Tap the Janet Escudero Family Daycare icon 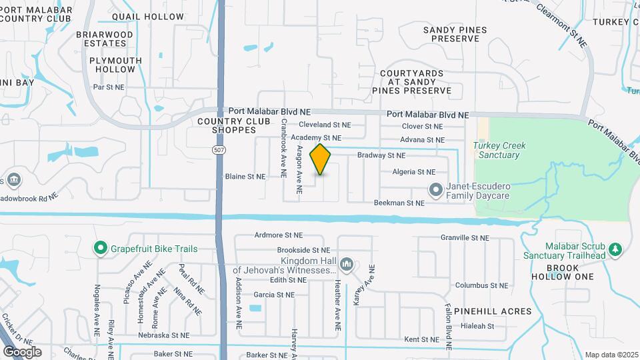point(436,190)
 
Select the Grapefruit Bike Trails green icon point(101,249)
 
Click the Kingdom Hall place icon point(346,265)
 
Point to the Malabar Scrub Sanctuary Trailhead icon point(616,250)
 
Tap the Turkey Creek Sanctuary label point(496,150)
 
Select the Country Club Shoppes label point(227,125)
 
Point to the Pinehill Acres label point(493,311)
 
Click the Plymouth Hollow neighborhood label point(115,65)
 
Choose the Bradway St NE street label point(381,155)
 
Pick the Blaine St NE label point(245,177)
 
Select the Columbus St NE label point(482,285)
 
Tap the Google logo point(22,352)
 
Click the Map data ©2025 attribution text point(611,355)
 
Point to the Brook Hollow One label point(562,272)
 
